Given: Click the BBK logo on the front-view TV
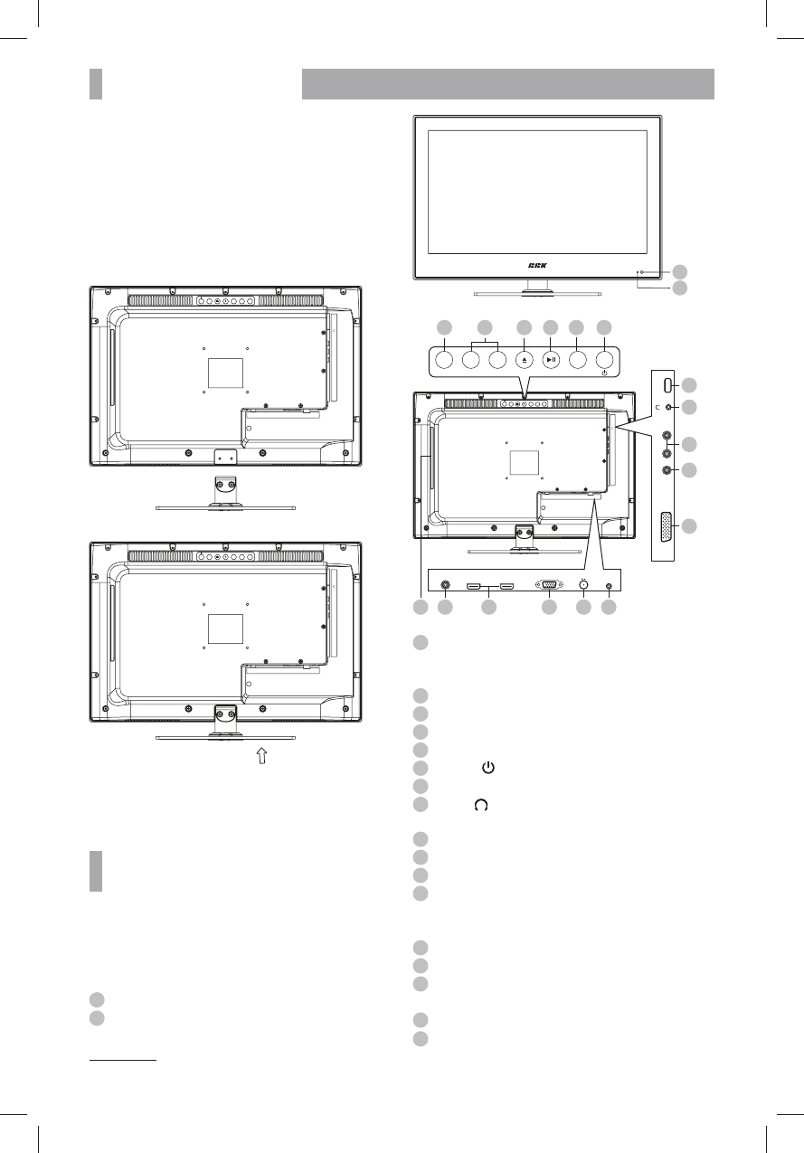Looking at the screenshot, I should click(538, 265).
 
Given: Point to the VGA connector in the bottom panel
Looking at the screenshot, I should click(548, 585).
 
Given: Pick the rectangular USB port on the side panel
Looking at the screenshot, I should click(666, 384).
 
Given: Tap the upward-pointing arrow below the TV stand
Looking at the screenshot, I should click(262, 758).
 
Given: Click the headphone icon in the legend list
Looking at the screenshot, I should click(480, 804).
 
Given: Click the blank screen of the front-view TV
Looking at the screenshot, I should click(537, 192).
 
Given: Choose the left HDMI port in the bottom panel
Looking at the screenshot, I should click(473, 586).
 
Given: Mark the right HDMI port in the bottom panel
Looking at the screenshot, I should click(506, 586).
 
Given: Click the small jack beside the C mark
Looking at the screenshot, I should click(667, 408).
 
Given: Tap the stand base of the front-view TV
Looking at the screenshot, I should click(537, 294).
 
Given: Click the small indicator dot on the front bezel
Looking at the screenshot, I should click(641, 271).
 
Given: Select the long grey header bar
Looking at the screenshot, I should click(507, 83).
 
